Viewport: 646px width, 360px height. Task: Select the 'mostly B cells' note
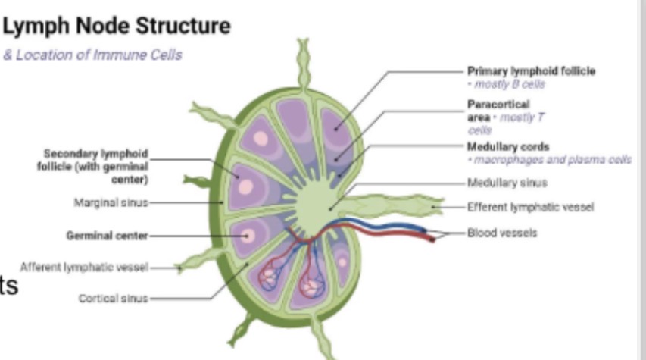point(506,83)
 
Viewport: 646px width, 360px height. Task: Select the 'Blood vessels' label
point(502,233)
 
